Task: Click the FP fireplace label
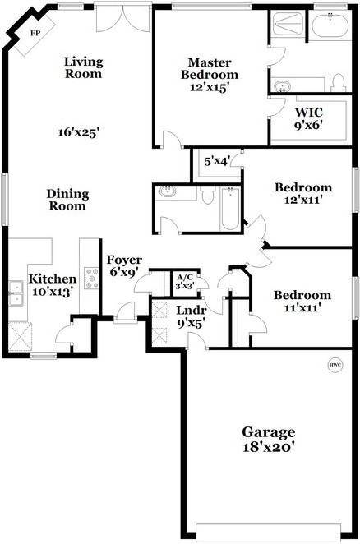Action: pyautogui.click(x=35, y=33)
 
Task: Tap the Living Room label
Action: pyautogui.click(x=83, y=67)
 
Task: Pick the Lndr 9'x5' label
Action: pyautogui.click(x=192, y=316)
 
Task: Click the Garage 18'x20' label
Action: pyautogui.click(x=268, y=440)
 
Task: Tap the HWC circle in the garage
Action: pyautogui.click(x=335, y=365)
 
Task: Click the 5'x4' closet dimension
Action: pyautogui.click(x=217, y=161)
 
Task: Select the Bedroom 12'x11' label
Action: pyautogui.click(x=302, y=192)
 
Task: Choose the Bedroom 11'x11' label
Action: pyautogui.click(x=302, y=301)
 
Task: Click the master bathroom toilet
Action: pyautogui.click(x=337, y=83)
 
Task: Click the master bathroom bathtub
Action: pyautogui.click(x=334, y=27)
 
